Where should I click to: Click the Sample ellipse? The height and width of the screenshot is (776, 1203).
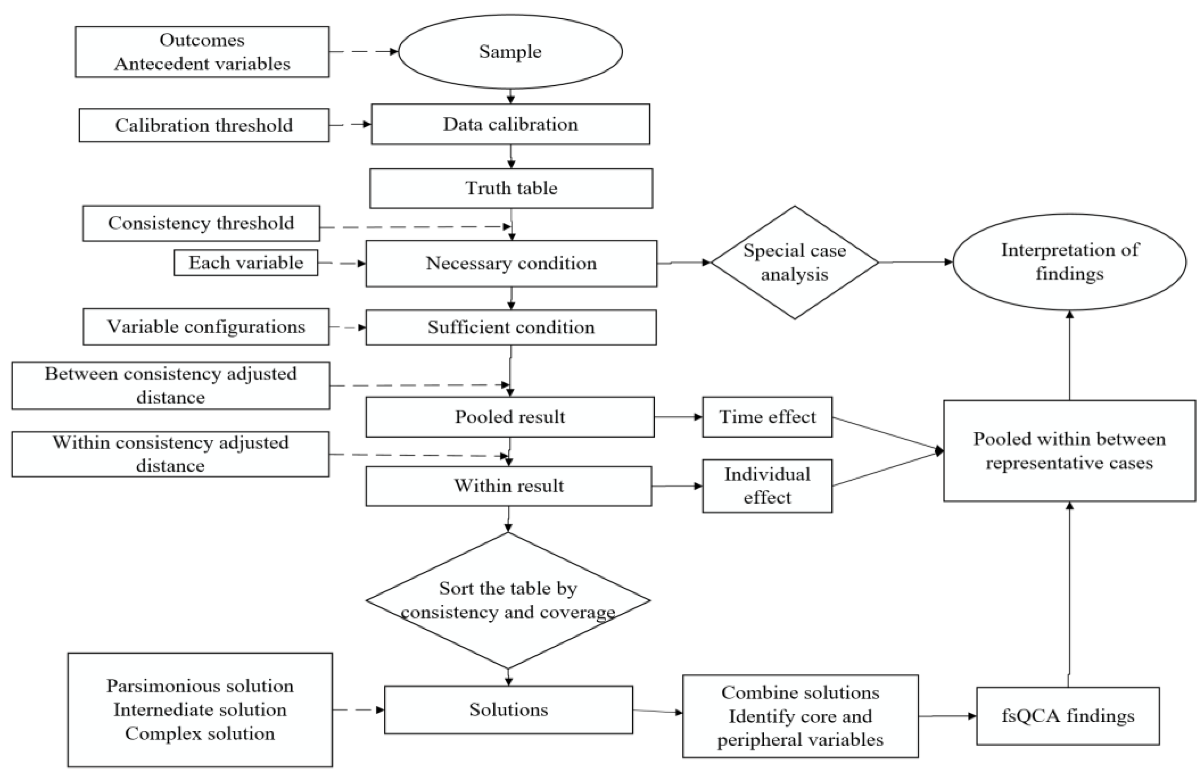510,52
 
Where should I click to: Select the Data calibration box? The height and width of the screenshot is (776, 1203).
510,125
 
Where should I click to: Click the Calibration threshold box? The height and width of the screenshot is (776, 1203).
203,125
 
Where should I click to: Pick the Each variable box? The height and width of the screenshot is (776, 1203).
246,262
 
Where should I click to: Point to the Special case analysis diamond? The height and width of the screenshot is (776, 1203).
794,262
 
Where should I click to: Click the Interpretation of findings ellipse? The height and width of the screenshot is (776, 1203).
1069,262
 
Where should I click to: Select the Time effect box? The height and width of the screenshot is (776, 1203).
767,417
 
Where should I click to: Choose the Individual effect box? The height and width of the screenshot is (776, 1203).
767,486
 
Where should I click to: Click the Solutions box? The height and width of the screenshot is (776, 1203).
508,709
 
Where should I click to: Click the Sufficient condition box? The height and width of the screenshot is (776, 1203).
510,328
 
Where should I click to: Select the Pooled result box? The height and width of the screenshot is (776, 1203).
510,417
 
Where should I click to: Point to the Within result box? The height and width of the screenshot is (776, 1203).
508,486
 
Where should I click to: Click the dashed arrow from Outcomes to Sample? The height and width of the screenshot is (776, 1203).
363,52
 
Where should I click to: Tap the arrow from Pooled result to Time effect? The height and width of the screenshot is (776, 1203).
678,417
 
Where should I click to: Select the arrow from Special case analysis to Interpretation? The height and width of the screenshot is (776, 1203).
915,262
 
